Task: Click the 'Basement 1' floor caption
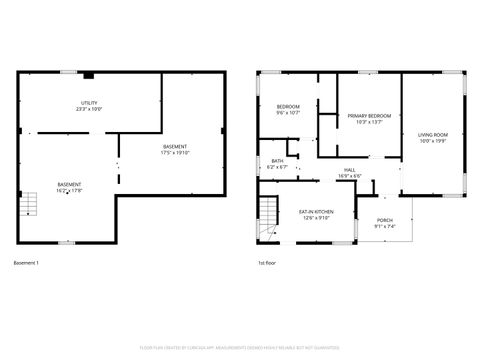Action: click(x=26, y=263)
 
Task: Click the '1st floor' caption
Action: click(x=267, y=263)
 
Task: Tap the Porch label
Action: click(x=385, y=223)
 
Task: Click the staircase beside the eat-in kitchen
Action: click(x=269, y=213)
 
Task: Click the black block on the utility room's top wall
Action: click(x=89, y=74)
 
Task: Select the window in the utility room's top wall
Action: click(x=66, y=71)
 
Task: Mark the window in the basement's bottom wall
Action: click(x=66, y=243)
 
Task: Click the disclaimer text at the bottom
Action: click(x=240, y=347)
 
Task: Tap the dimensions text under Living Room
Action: click(x=432, y=142)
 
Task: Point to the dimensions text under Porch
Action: click(x=385, y=227)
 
